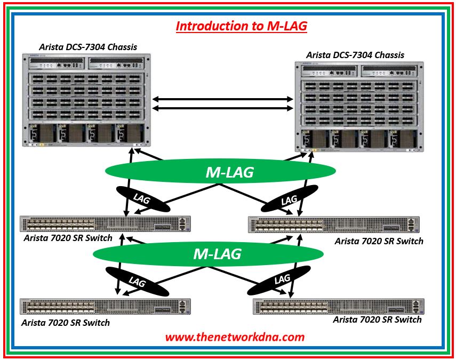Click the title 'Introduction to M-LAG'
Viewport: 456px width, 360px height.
point(242,26)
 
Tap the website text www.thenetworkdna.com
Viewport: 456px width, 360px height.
point(235,337)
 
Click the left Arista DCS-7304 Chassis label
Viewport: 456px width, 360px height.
point(88,47)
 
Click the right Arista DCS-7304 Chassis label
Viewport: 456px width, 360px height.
point(355,55)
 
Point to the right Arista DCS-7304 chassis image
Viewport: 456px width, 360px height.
point(359,107)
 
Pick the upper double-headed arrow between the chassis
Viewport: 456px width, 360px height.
point(223,99)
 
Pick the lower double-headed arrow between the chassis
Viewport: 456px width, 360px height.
point(223,108)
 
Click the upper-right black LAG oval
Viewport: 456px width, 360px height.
point(290,200)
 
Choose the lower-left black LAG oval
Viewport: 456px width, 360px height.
point(137,281)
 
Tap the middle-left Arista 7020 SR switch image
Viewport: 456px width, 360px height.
point(105,223)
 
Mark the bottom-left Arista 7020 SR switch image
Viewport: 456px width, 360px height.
point(105,307)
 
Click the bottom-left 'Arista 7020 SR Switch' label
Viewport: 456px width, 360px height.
point(66,323)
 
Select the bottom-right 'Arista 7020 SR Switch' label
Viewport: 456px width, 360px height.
point(377,319)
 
